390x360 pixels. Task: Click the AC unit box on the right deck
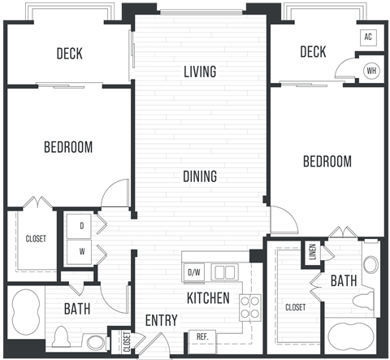pyautogui.click(x=367, y=37)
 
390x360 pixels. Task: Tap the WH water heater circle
pyautogui.click(x=371, y=70)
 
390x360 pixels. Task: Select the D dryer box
pyautogui.click(x=81, y=226)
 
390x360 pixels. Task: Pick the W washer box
pyautogui.click(x=81, y=251)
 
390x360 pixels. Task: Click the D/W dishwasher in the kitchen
pyautogui.click(x=194, y=271)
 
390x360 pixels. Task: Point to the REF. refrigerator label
pyautogui.click(x=201, y=336)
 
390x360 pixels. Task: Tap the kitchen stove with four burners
pyautogui.click(x=249, y=307)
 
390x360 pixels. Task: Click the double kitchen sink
pyautogui.click(x=223, y=271)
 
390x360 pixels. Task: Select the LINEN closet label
pyautogui.click(x=311, y=253)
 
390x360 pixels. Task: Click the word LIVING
pyautogui.click(x=200, y=72)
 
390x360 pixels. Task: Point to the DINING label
pyautogui.click(x=199, y=176)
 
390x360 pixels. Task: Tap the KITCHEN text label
pyautogui.click(x=208, y=297)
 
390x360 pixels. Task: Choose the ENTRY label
pyautogui.click(x=161, y=320)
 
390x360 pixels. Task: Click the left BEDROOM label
pyautogui.click(x=67, y=147)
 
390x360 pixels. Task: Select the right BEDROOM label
pyautogui.click(x=327, y=161)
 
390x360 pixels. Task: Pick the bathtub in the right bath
pyautogui.click(x=351, y=336)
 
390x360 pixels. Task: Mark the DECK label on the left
pyautogui.click(x=69, y=54)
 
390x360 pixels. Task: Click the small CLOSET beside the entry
pyautogui.click(x=126, y=341)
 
